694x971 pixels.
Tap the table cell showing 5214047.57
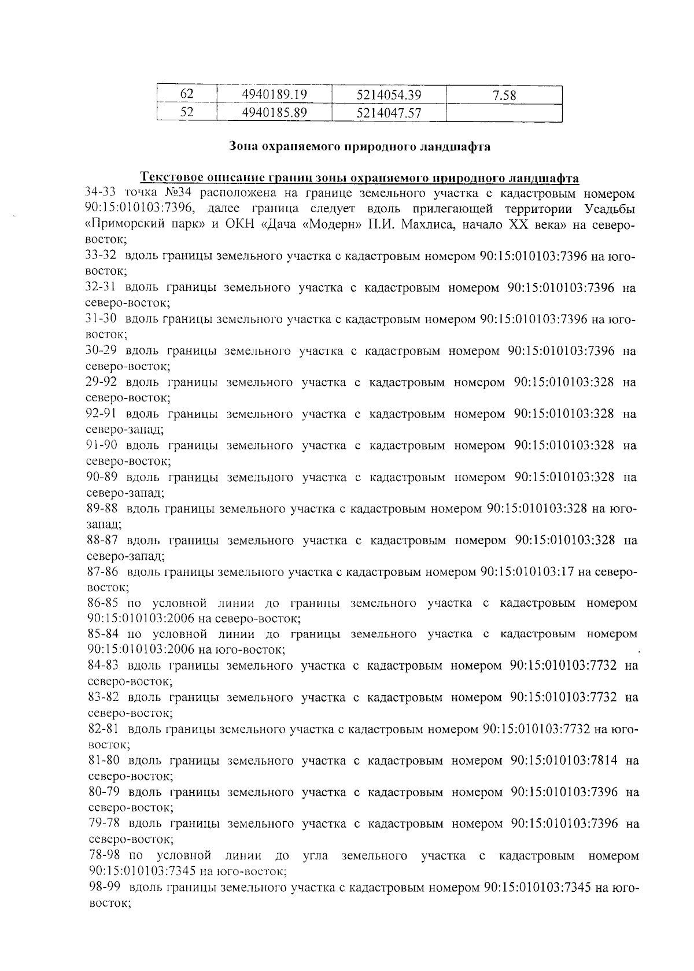coord(389,113)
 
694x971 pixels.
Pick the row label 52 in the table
coord(186,113)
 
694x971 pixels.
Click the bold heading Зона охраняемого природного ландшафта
coord(360,146)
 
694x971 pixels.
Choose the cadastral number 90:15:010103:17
coord(527,572)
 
